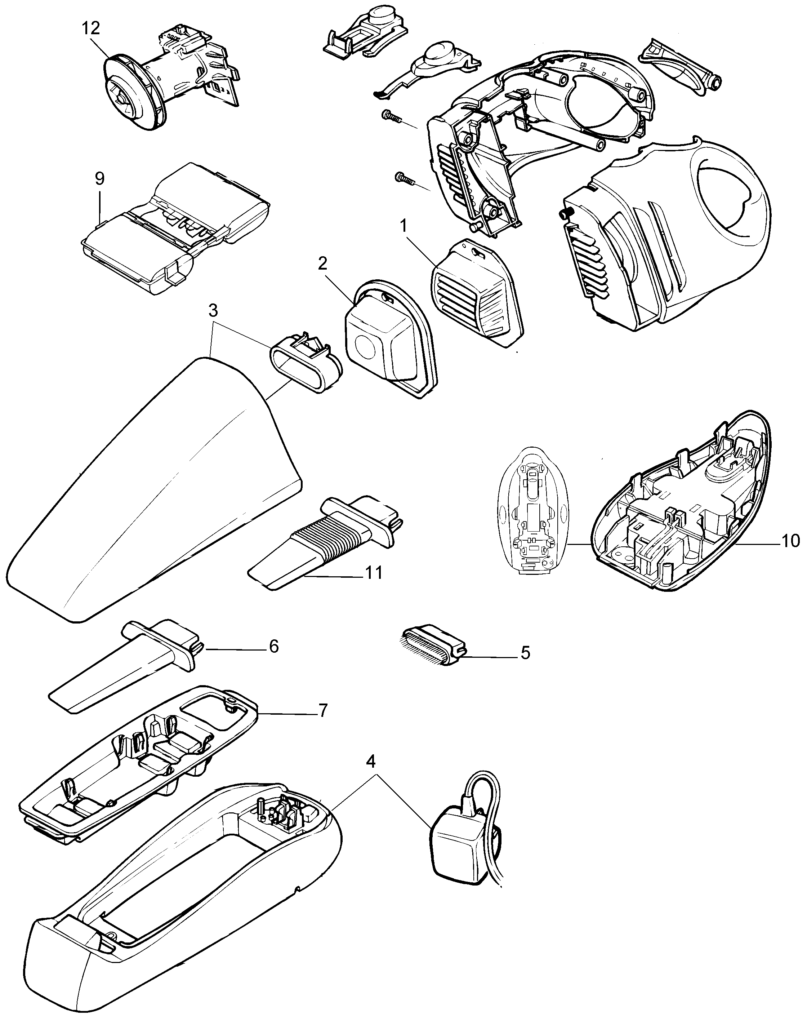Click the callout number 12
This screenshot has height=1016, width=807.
click(x=91, y=28)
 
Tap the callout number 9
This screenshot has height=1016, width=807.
click(x=99, y=178)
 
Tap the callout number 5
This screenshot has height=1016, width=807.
click(x=525, y=653)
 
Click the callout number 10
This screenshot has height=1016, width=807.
click(x=790, y=541)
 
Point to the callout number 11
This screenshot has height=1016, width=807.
click(x=375, y=573)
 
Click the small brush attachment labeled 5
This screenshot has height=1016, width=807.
click(x=431, y=645)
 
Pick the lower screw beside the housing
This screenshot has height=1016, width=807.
click(x=403, y=178)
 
